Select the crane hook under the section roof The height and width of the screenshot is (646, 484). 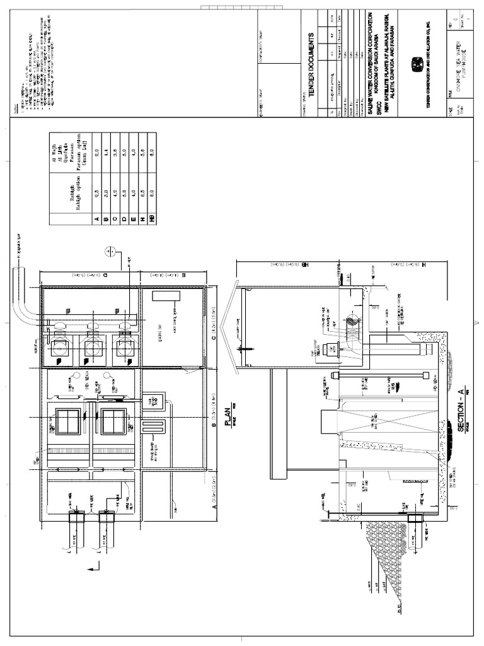[240, 348]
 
